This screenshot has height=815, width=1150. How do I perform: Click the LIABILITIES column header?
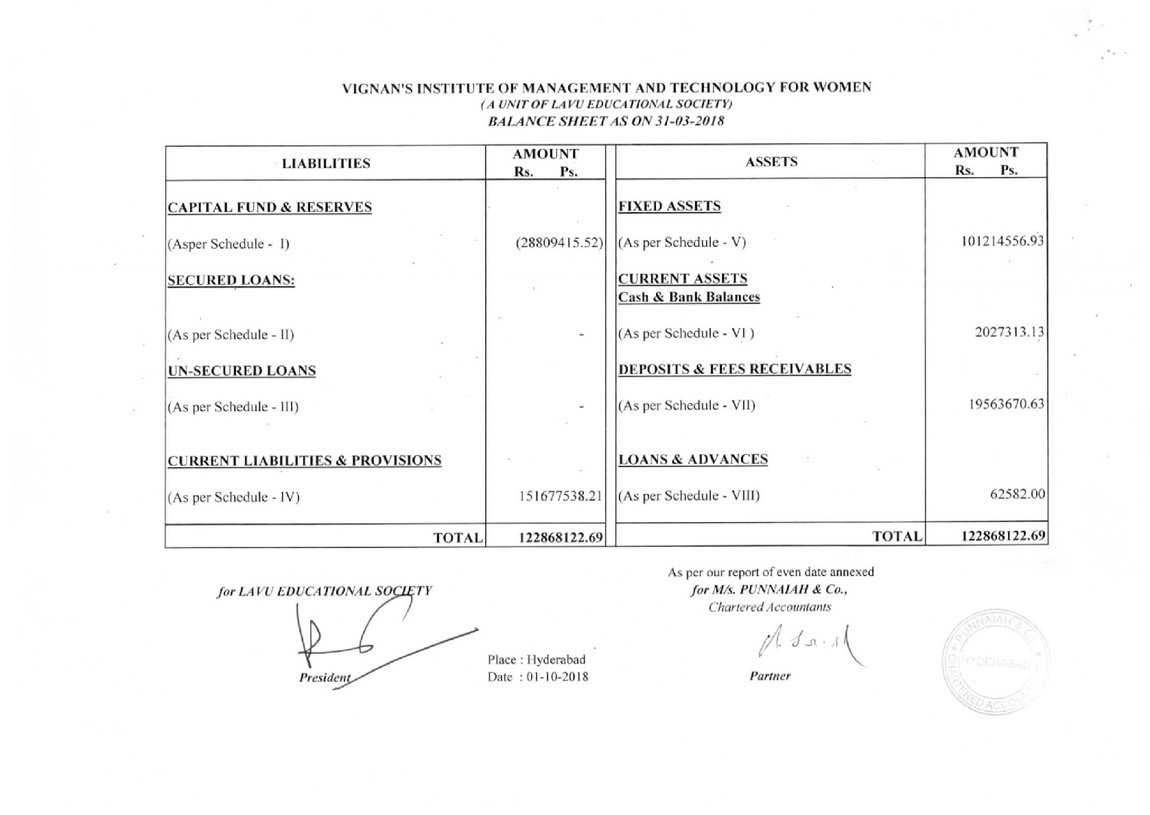326,163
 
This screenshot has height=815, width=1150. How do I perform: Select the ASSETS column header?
771,162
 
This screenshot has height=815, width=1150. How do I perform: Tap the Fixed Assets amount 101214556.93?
1002,241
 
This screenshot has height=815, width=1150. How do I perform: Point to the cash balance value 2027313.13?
1009,333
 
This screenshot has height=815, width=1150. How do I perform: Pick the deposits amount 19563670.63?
1006,404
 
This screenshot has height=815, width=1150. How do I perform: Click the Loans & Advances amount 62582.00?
1017,494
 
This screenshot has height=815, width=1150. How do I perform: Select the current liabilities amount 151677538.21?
561,496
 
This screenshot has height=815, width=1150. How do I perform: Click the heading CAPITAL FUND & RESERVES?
270,207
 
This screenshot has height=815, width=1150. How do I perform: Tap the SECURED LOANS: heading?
231,280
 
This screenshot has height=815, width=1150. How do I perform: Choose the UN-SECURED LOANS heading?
242,370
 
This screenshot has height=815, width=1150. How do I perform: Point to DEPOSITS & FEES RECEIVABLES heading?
735,369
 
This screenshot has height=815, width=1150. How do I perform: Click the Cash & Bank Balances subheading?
689,297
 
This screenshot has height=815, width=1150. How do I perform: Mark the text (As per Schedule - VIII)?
689,495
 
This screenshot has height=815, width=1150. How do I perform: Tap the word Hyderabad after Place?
556,659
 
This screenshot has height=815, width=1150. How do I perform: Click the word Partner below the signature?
770,676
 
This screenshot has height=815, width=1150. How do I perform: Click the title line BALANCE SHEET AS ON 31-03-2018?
606,121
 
